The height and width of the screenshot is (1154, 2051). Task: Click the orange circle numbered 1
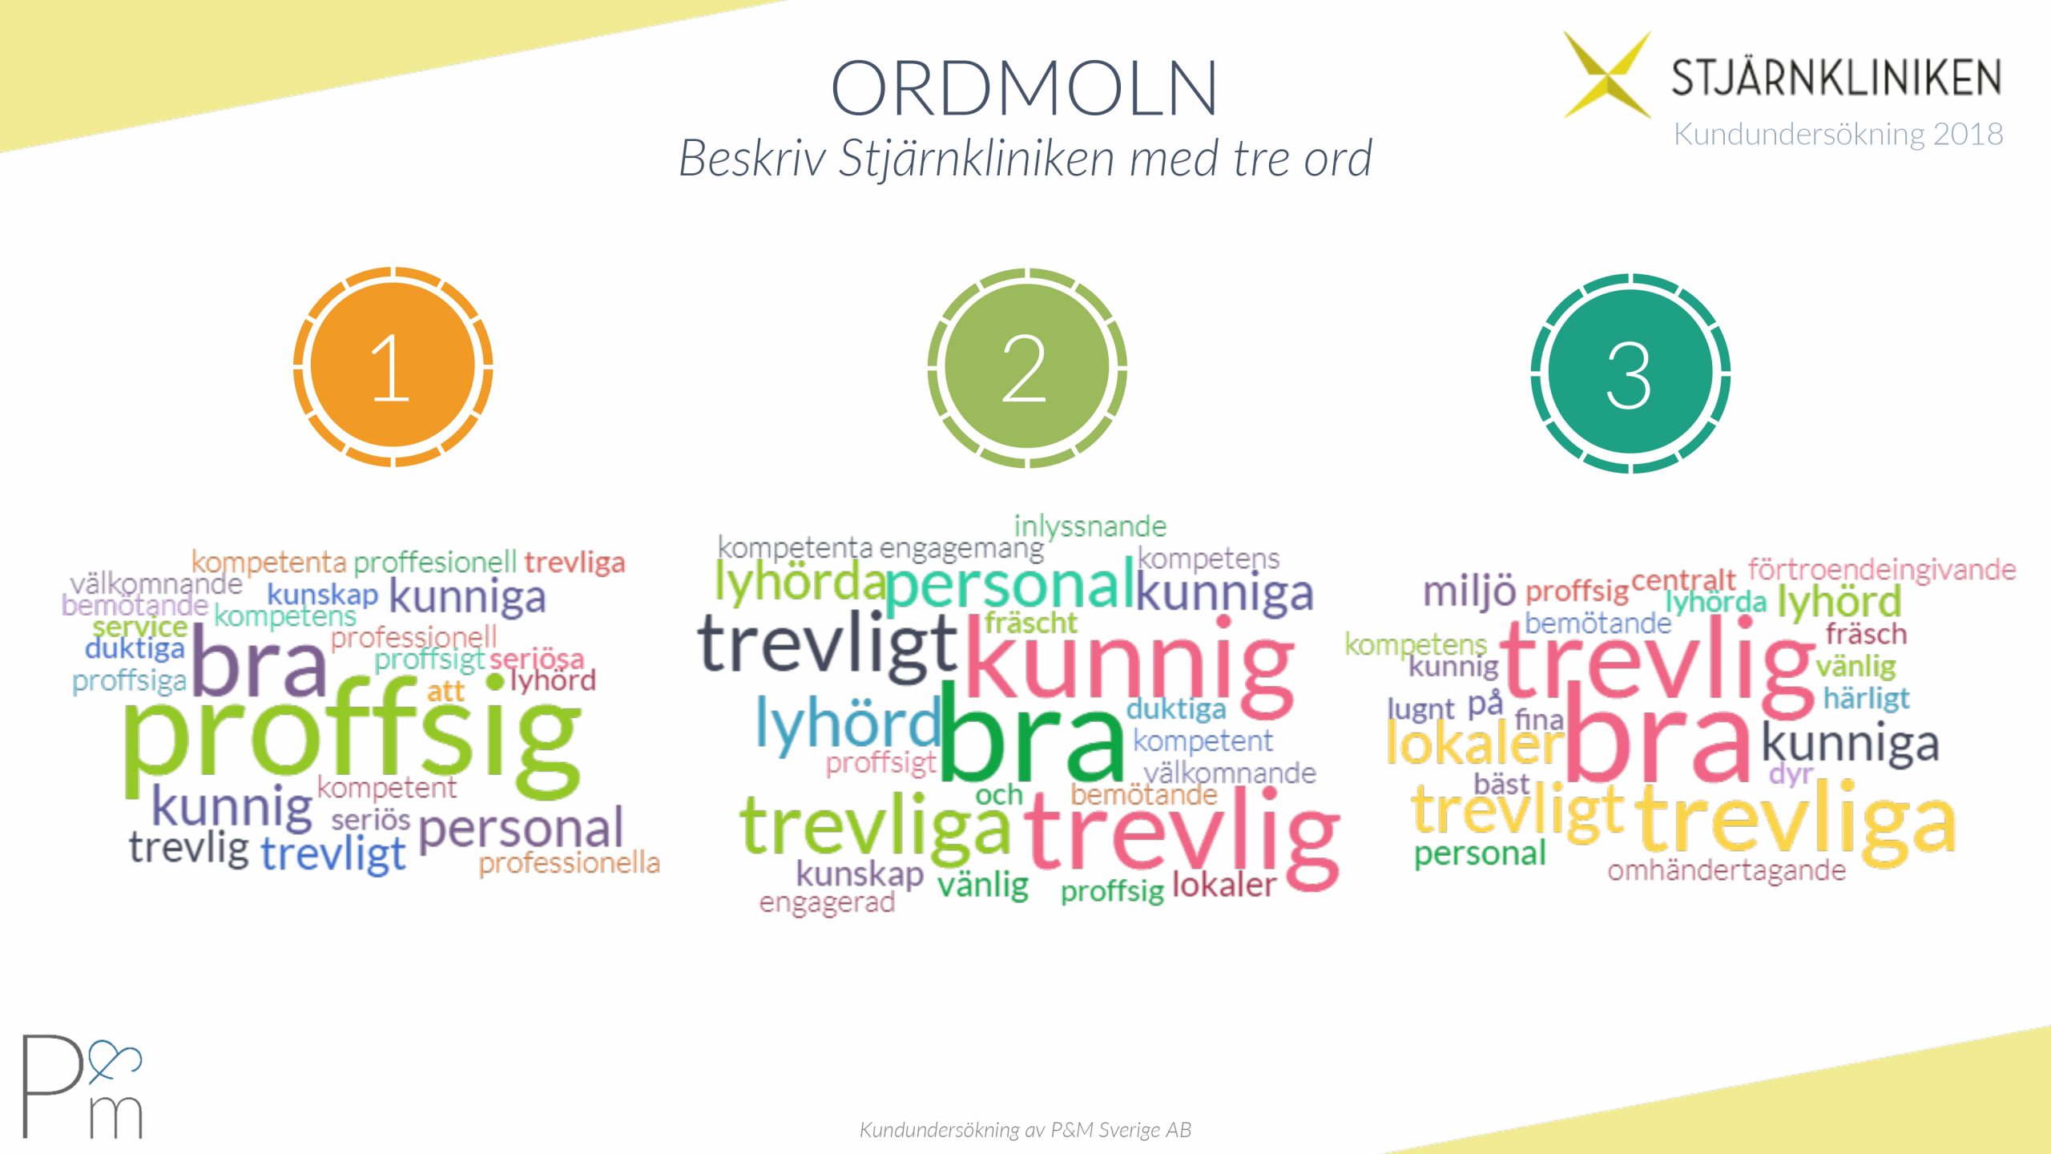[x=393, y=367]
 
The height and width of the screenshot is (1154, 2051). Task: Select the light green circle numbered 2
[x=1027, y=368]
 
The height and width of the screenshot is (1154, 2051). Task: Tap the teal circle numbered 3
[x=1630, y=373]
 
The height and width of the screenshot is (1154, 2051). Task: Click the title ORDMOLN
[x=1024, y=88]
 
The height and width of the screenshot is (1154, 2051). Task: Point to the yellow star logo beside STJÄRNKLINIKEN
[x=1607, y=75]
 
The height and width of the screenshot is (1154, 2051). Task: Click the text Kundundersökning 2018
[x=1838, y=134]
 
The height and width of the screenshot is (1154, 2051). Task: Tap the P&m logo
[x=82, y=1086]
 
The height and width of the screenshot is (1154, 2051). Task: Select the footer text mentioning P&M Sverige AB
[x=1025, y=1129]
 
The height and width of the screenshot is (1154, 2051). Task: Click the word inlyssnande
[x=1090, y=527]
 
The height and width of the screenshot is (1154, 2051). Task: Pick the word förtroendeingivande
[x=1882, y=571]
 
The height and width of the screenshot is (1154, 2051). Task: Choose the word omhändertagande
[x=1727, y=870]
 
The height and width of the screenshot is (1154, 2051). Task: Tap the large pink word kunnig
[x=1130, y=664]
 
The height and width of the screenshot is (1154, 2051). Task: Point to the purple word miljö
[x=1469, y=591]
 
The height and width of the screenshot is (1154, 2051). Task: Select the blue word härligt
[x=1867, y=699]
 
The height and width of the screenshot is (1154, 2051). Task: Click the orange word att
[x=445, y=691]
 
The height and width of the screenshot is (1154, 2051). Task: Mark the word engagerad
[x=827, y=903]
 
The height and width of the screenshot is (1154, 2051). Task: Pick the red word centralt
[x=1683, y=579]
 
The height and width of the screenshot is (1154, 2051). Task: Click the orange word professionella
[x=570, y=863]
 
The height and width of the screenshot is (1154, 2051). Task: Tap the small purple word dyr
[x=1791, y=775]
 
